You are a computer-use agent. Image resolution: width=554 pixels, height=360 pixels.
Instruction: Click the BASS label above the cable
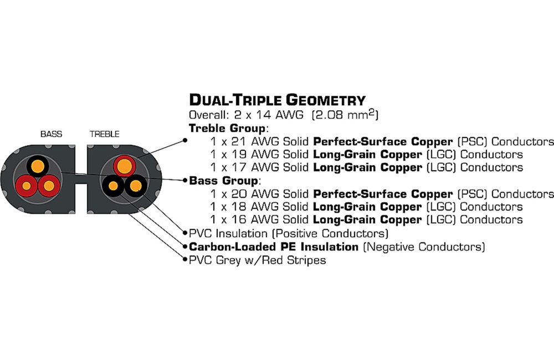51,134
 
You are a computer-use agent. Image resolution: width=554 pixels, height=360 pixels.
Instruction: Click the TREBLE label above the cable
105,134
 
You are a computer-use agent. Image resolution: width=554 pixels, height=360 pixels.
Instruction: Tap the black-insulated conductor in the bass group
38,166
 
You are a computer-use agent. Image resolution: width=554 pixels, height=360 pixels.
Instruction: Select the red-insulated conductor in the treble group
124,166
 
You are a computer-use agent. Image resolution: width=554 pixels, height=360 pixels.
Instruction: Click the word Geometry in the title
325,100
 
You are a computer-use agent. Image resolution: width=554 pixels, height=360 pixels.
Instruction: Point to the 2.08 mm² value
345,115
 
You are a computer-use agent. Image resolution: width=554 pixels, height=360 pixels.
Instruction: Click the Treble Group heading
227,128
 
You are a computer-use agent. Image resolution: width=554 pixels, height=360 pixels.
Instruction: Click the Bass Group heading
223,181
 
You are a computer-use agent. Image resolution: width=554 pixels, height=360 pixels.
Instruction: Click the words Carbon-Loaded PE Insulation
274,246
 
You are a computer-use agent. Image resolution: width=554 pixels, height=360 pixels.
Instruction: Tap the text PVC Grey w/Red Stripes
257,260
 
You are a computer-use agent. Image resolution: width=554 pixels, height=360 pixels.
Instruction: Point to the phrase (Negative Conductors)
424,246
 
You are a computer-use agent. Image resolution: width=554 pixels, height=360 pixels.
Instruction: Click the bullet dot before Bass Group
185,181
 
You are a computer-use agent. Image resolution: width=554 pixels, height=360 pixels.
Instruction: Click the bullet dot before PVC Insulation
185,233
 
